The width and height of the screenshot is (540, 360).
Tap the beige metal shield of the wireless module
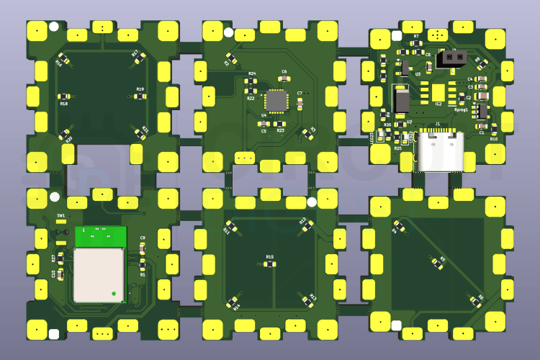[99, 274]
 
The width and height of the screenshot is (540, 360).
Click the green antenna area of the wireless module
[100, 235]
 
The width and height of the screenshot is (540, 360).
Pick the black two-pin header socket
[451, 56]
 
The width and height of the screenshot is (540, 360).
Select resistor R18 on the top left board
[64, 97]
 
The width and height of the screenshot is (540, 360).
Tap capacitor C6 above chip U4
[284, 78]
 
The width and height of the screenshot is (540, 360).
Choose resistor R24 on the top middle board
[251, 81]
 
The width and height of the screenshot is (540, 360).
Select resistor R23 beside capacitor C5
[279, 124]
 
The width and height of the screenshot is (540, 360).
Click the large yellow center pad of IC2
[438, 91]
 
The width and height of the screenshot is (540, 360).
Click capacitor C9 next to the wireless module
[143, 246]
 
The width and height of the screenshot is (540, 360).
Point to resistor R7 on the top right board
[415, 42]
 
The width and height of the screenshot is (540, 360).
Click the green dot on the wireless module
[114, 293]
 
